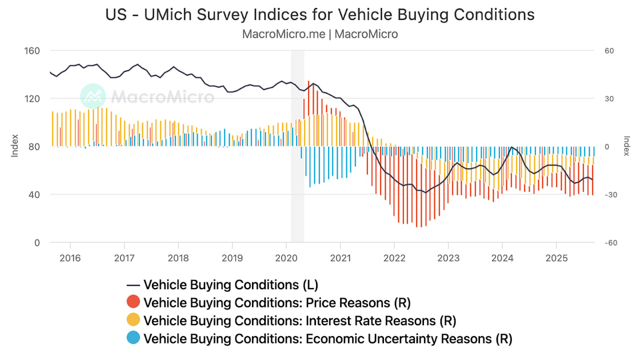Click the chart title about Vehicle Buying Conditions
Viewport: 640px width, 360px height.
click(320, 14)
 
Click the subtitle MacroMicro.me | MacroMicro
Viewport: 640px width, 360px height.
click(320, 34)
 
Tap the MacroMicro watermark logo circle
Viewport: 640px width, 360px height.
click(93, 96)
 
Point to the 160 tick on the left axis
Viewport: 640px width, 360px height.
click(32, 51)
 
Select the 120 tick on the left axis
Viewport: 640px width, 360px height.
click(32, 99)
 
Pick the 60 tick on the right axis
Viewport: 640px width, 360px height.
click(609, 51)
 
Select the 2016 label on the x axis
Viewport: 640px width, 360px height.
click(70, 258)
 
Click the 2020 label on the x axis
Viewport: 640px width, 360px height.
click(286, 258)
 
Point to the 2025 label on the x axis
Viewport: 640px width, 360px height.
click(557, 258)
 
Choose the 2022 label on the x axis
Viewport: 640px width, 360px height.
click(394, 258)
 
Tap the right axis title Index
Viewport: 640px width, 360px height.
click(626, 146)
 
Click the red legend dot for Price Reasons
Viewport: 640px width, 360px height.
click(133, 302)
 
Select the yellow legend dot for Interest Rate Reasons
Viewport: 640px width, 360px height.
click(133, 321)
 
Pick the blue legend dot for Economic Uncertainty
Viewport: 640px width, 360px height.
click(133, 339)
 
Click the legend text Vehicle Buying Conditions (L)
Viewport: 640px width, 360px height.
click(230, 285)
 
